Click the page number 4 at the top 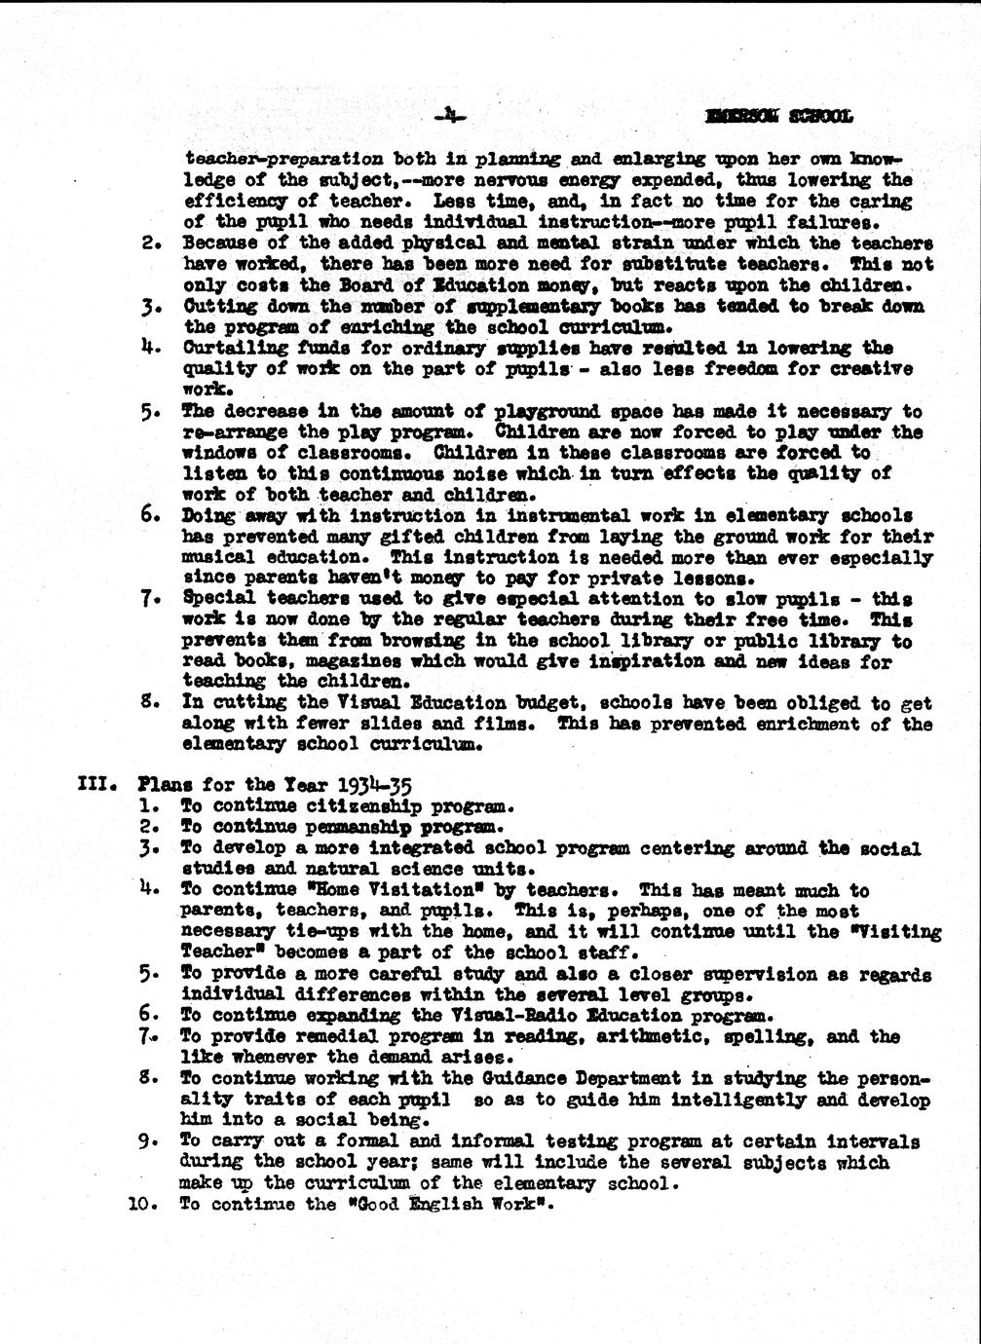(450, 117)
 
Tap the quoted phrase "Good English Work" (446, 1205)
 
